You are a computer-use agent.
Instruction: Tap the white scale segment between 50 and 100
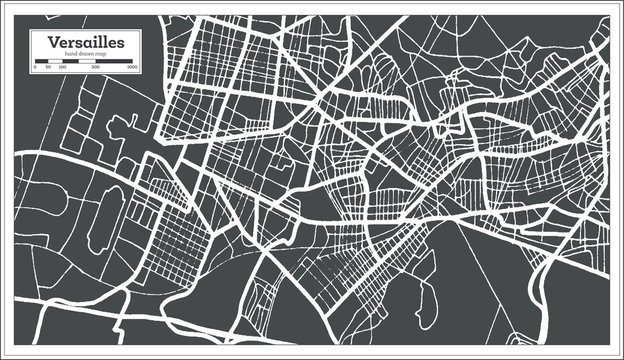click(x=56, y=62)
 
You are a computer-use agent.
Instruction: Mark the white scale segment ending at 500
click(x=87, y=62)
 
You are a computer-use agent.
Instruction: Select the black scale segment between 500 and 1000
click(x=114, y=62)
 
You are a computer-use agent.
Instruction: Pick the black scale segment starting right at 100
click(x=70, y=62)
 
